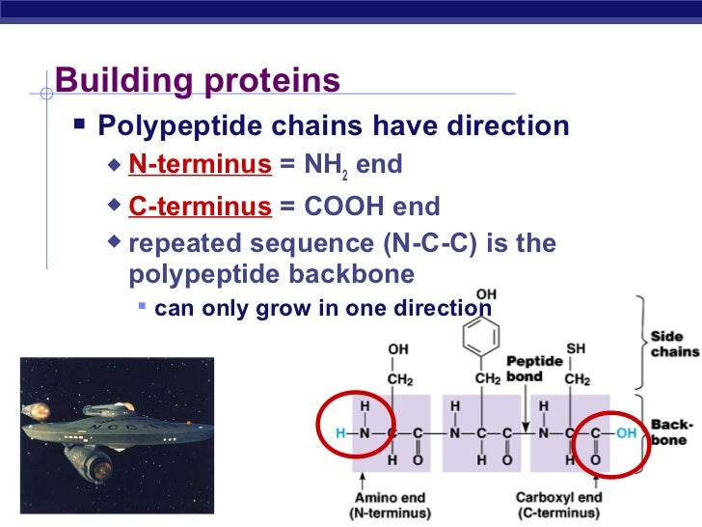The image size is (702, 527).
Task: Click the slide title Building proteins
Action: click(198, 81)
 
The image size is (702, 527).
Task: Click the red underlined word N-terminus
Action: click(200, 164)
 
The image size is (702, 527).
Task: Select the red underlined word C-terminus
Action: click(200, 207)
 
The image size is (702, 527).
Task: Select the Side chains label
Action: click(675, 344)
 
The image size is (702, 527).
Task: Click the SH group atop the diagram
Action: click(576, 348)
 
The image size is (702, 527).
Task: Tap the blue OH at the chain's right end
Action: click(627, 434)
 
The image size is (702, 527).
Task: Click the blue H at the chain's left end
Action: click(340, 434)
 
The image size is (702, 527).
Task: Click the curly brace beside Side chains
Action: click(638, 343)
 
